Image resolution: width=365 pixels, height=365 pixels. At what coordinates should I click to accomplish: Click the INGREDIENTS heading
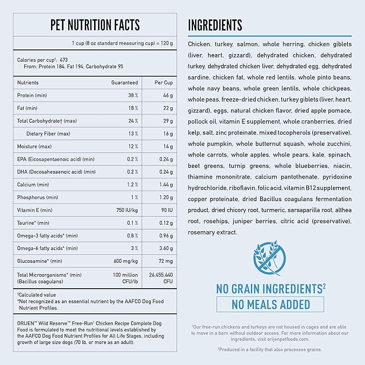click(x=215, y=25)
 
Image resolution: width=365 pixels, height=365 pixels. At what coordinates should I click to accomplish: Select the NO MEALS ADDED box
click(x=270, y=304)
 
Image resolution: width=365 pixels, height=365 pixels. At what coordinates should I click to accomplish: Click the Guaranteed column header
click(x=124, y=83)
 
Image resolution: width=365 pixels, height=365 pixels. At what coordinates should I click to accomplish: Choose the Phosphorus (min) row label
click(x=37, y=197)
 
